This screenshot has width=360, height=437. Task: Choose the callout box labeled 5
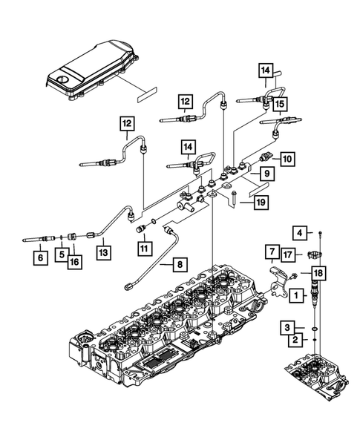point(56,254)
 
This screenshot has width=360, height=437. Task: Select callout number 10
point(287,158)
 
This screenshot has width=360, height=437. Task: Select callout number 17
point(287,255)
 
